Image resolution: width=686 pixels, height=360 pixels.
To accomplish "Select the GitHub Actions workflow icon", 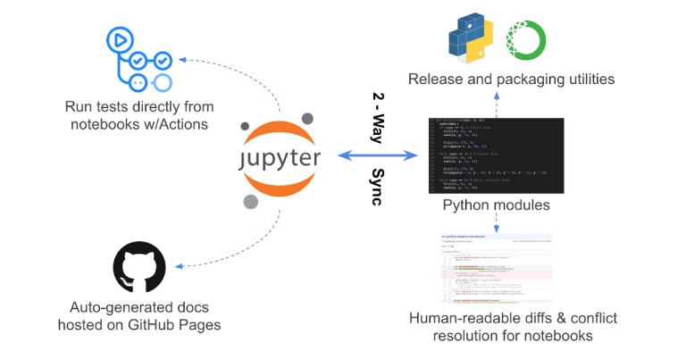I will point(139,59).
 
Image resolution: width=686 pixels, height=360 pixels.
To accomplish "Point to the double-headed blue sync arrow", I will point(378,155).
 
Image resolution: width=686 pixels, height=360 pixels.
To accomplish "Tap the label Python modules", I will point(496,205).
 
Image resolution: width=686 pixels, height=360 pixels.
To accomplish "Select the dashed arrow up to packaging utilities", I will point(496,103).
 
